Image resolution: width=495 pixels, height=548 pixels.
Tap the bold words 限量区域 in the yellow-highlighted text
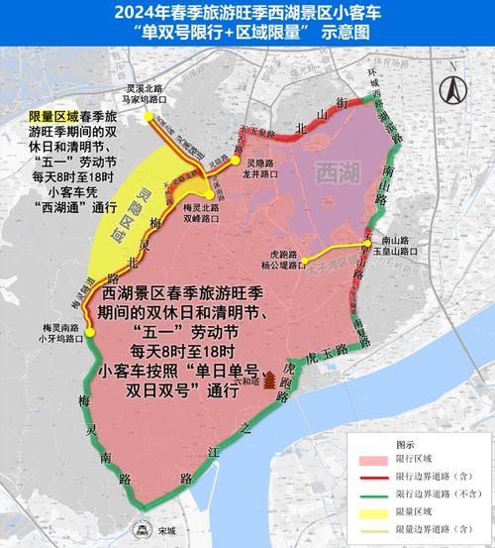point(49,118)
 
